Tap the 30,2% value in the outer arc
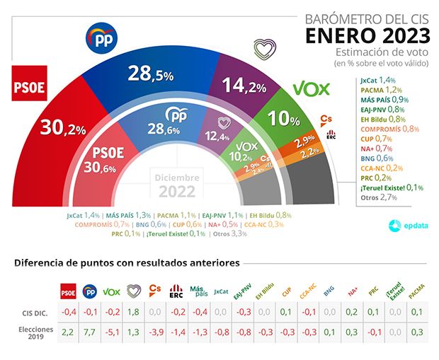click(x=63, y=127)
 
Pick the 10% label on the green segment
click(x=284, y=119)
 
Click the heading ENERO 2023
click(x=367, y=35)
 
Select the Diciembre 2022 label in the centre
click(x=177, y=185)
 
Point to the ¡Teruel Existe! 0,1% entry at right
click(x=392, y=187)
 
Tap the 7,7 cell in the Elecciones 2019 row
click(x=90, y=330)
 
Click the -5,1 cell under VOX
click(x=112, y=330)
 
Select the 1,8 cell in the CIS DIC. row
click(x=134, y=312)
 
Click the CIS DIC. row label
click(x=35, y=312)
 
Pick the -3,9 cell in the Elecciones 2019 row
click(x=155, y=330)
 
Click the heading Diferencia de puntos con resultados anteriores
click(x=127, y=263)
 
